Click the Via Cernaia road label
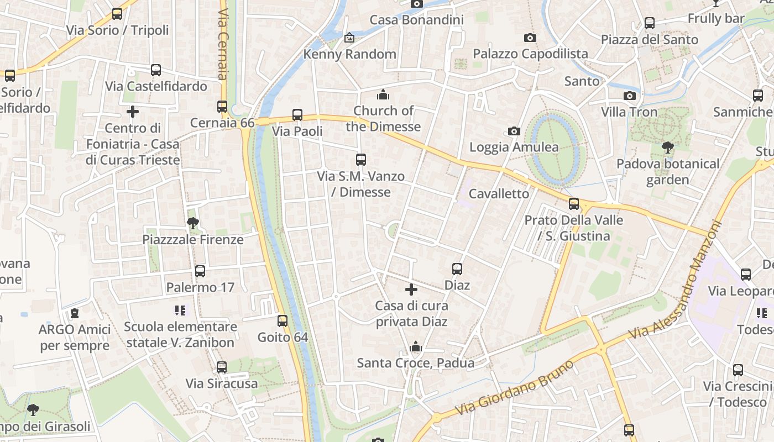tap(223, 44)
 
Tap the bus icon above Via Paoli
tap(297, 115)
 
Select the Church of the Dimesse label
tap(383, 119)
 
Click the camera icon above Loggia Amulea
tap(514, 131)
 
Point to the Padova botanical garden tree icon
tap(668, 148)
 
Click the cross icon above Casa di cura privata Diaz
tap(411, 289)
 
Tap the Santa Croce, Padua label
tap(415, 363)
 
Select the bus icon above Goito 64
tap(283, 320)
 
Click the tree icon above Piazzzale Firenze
tap(193, 223)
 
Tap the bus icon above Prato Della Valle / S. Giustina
tap(574, 204)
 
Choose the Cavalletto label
tap(499, 194)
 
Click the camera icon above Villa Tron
tap(629, 96)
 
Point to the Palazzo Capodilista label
tap(530, 54)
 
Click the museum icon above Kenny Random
tap(349, 38)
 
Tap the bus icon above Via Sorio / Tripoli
tap(117, 14)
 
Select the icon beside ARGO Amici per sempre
tap(75, 313)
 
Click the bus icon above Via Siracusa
tap(222, 367)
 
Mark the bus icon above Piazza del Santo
tap(650, 23)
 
